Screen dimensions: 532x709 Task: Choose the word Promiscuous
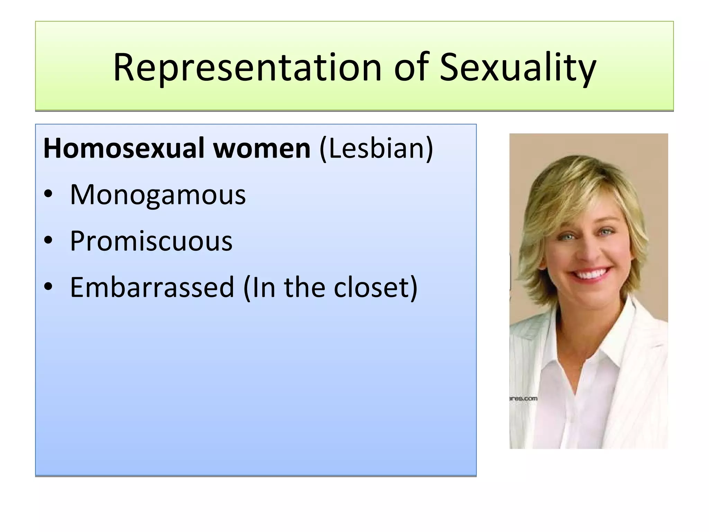pos(151,241)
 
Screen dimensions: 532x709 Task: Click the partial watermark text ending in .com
pos(523,399)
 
